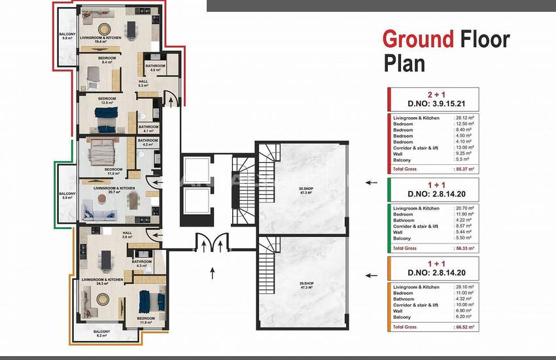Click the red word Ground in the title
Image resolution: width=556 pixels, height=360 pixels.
click(x=417, y=39)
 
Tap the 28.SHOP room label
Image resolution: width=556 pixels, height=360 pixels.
click(x=305, y=190)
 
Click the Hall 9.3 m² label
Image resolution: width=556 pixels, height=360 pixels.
click(x=143, y=83)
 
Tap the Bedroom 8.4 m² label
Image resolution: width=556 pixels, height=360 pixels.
click(x=107, y=61)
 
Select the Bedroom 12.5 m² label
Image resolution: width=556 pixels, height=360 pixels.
click(x=107, y=101)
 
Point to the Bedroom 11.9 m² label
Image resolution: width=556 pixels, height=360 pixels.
click(x=114, y=171)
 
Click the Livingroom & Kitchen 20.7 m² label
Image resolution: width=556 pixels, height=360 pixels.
click(x=114, y=190)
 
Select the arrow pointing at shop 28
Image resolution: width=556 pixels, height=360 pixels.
click(x=372, y=183)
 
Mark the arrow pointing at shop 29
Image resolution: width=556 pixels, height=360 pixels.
click(x=372, y=276)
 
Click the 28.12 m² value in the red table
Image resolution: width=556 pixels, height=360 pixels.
click(x=464, y=117)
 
